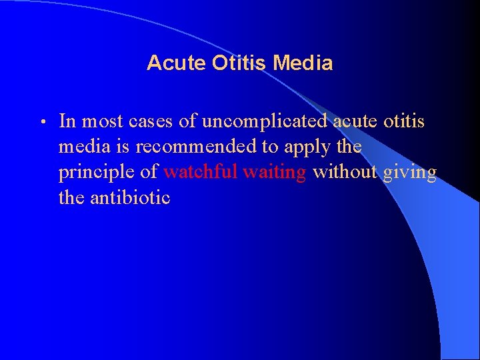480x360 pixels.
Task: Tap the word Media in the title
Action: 303,63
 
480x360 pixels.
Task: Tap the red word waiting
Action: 275,173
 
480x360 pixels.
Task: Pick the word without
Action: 345,172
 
